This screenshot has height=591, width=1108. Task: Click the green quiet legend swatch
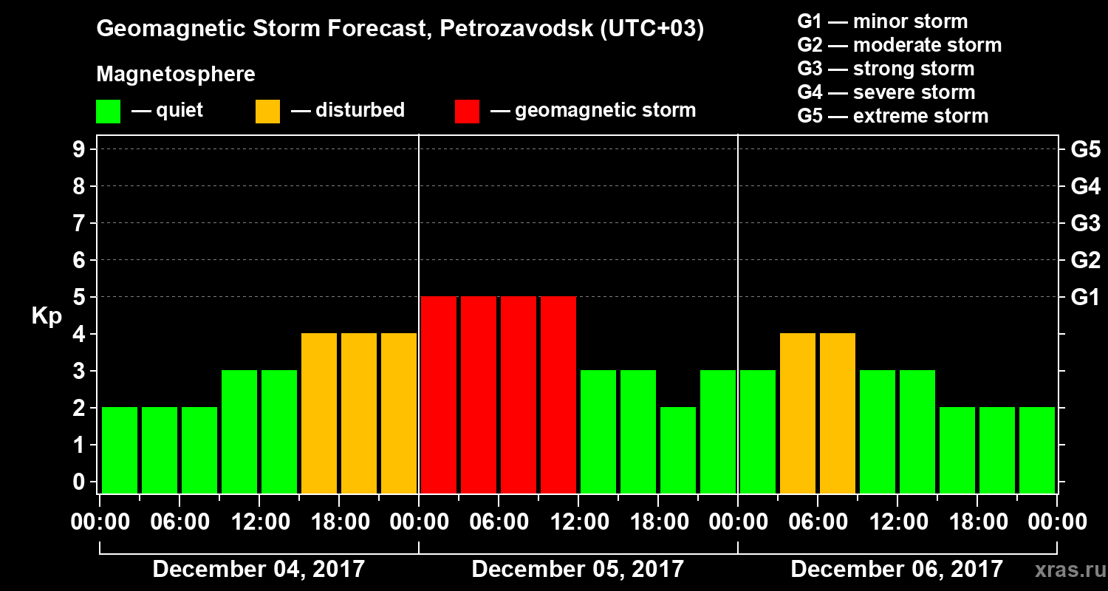tap(108, 112)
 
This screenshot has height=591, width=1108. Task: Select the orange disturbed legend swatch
tap(267, 112)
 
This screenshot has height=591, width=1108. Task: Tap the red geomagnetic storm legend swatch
tap(467, 112)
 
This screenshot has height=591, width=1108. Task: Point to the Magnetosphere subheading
tap(176, 75)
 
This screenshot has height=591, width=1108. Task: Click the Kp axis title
tap(47, 316)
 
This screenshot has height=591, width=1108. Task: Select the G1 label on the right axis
tap(1085, 297)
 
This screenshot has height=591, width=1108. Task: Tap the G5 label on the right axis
tap(1085, 149)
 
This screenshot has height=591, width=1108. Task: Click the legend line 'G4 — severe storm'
tap(886, 92)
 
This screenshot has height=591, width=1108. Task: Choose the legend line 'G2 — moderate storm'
tap(899, 45)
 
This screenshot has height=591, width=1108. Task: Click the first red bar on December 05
tap(439, 394)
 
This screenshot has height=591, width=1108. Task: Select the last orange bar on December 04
tap(399, 413)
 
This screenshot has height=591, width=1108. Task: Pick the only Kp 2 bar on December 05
tap(678, 450)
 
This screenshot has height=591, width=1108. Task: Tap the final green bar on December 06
tap(1037, 450)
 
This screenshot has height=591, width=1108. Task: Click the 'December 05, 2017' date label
tap(578, 570)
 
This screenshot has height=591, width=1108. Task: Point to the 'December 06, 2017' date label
tap(897, 570)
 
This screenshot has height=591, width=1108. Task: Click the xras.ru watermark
tap(1064, 570)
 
